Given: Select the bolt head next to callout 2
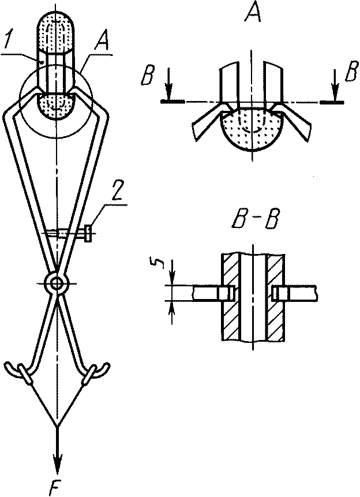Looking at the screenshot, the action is coord(88,233).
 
